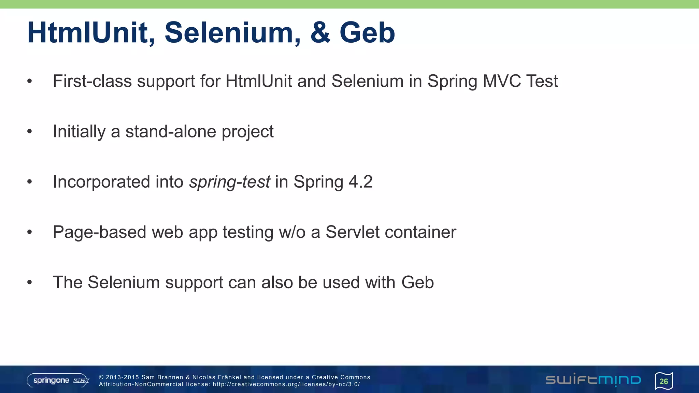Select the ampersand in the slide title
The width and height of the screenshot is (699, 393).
(x=320, y=33)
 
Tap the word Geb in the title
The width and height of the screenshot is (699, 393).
(x=367, y=33)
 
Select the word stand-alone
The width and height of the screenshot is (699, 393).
(x=171, y=131)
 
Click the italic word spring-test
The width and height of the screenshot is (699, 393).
(x=230, y=182)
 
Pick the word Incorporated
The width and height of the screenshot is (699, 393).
(x=101, y=182)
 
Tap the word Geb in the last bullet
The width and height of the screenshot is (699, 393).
(x=417, y=282)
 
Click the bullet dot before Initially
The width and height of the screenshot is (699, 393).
(x=30, y=131)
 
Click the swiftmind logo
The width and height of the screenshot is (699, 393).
(x=593, y=380)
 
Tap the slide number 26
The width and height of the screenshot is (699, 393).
(x=664, y=381)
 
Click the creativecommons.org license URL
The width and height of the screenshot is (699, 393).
(x=286, y=384)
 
